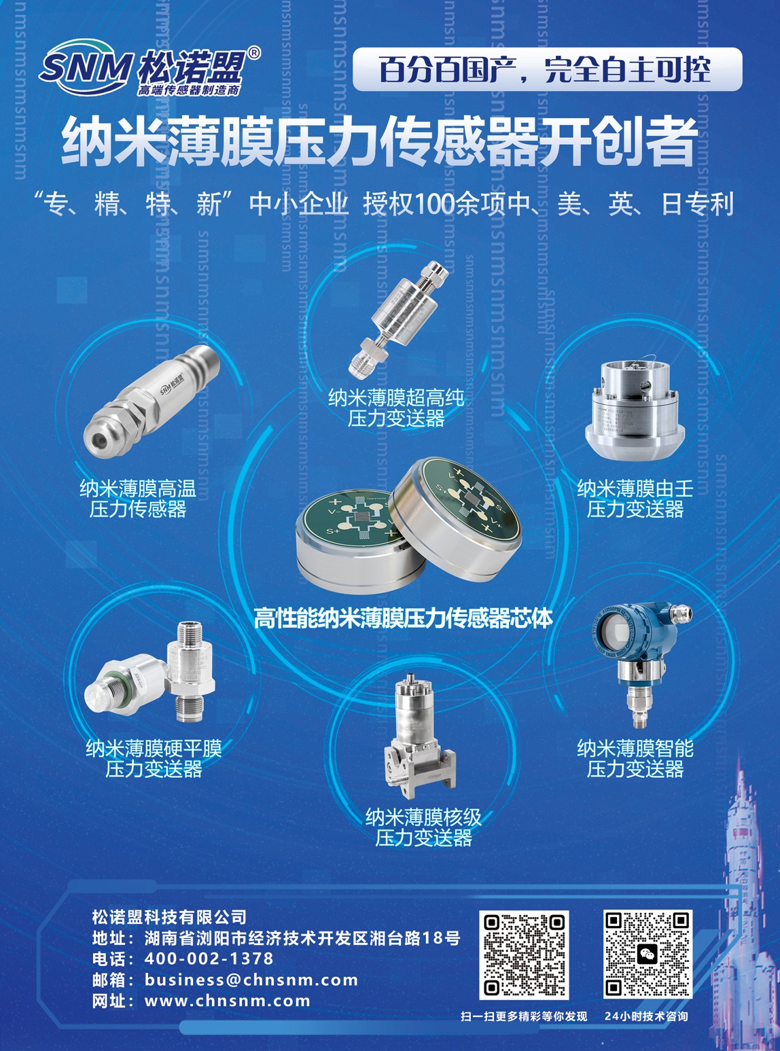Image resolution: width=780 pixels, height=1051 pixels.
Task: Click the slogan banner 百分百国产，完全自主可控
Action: coord(547,70)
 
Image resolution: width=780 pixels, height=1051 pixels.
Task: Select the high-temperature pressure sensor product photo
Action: coord(152,400)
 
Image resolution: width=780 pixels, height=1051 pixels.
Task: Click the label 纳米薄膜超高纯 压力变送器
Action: coord(396,408)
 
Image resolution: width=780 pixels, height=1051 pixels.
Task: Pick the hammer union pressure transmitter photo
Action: coord(635,410)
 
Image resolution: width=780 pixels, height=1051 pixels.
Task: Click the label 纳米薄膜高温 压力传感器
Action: coord(138,499)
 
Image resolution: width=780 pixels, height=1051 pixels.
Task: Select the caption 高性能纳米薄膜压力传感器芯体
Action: coord(404,618)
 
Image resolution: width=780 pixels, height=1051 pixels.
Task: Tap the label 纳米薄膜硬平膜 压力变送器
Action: coord(154,758)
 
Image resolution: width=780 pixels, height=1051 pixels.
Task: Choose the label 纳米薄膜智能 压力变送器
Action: coord(635,758)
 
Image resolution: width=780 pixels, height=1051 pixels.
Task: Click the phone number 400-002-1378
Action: coord(209,958)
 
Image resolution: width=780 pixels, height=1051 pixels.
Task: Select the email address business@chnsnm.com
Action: coord(251,980)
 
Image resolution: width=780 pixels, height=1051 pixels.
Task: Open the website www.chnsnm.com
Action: coord(228,1001)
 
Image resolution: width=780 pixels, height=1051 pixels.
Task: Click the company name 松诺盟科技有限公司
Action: coord(169,917)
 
